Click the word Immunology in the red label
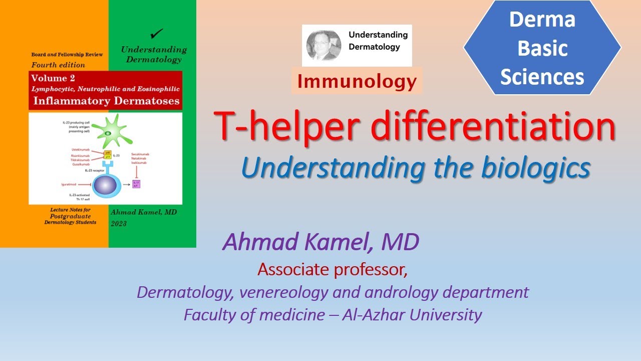(357, 81)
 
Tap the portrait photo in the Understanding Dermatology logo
(324, 45)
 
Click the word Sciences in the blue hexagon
(542, 77)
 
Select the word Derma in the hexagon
(542, 20)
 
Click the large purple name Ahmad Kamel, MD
(320, 243)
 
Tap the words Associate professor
(333, 270)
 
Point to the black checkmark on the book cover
(157, 35)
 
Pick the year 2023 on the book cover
(119, 223)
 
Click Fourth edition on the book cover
(58, 65)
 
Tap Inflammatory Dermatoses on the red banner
(105, 100)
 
